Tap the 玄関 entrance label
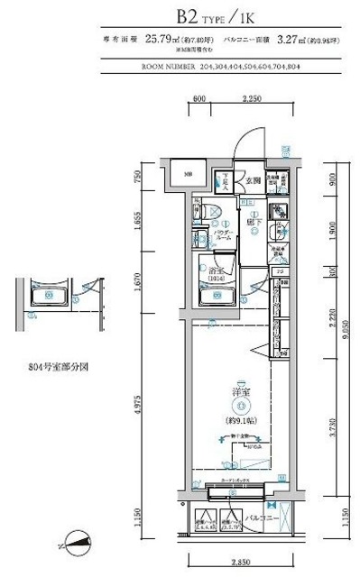click(x=251, y=180)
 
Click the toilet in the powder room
click(x=208, y=213)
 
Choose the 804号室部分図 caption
click(x=56, y=368)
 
